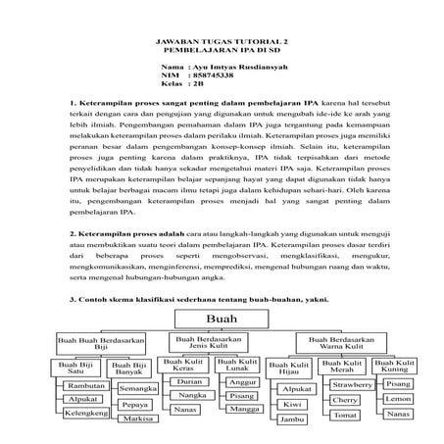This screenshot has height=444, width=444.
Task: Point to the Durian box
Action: (x=191, y=380)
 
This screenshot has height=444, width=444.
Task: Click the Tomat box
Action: (x=344, y=415)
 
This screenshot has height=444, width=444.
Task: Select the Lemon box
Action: (x=398, y=400)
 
